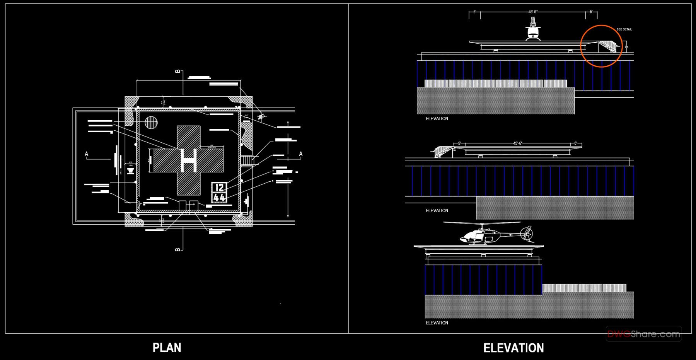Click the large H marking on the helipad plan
(x=189, y=160)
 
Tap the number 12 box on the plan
(x=219, y=188)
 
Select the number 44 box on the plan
(x=219, y=197)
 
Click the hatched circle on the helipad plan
(x=151, y=123)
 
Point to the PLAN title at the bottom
(x=167, y=348)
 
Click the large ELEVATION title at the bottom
(x=513, y=348)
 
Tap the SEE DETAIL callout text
(x=624, y=29)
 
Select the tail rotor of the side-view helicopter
(x=527, y=234)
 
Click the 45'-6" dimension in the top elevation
(x=534, y=12)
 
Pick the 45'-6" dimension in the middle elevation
(x=518, y=143)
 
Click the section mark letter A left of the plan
(x=87, y=154)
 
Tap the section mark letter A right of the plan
(x=301, y=154)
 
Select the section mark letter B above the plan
(x=177, y=72)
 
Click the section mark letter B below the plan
(x=177, y=249)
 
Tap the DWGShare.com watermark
(x=643, y=334)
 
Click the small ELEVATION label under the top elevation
(x=437, y=119)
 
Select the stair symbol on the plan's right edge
(x=247, y=160)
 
